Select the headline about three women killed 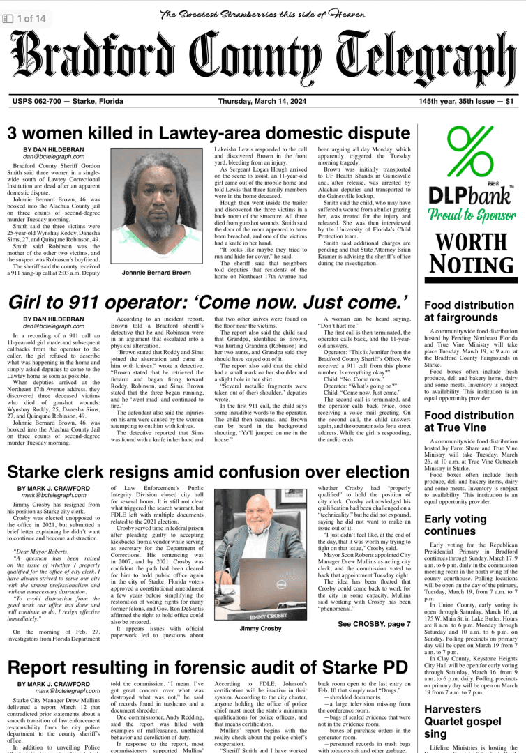[x=209, y=132]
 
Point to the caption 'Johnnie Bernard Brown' [x=156, y=273]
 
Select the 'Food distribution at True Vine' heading [x=464, y=423]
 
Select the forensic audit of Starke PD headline [x=202, y=668]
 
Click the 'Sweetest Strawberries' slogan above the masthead [x=263, y=14]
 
